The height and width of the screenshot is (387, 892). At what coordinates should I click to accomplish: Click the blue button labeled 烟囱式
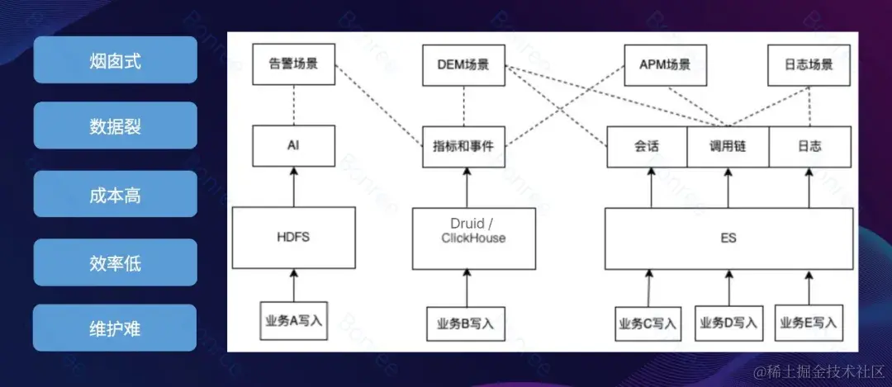click(115, 59)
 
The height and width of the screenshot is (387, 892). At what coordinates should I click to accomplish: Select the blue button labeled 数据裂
click(115, 126)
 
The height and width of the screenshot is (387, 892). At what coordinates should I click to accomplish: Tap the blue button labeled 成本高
click(115, 194)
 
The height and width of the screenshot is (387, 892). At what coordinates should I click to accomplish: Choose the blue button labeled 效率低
click(115, 262)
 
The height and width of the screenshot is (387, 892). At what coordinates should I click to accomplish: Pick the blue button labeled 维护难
click(115, 328)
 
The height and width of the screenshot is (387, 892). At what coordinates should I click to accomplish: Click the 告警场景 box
click(293, 64)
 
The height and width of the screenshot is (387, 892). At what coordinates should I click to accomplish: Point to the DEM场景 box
click(463, 64)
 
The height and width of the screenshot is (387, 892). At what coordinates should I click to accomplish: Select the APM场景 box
click(665, 64)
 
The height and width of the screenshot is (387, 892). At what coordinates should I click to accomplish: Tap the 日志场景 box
click(809, 64)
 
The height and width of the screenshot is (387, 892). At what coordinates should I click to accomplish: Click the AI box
click(293, 146)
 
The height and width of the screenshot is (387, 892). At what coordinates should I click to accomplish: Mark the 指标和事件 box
click(463, 146)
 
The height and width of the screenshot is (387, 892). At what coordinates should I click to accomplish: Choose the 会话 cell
click(646, 146)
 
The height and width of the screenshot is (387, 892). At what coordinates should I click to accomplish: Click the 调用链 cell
click(728, 146)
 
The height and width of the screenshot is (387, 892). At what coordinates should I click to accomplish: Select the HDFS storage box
click(293, 238)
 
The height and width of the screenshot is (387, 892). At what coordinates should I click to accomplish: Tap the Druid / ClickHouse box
click(467, 238)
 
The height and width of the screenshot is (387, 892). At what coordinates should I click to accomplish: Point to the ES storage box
click(728, 238)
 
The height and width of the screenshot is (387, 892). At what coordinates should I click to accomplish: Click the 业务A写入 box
click(293, 321)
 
